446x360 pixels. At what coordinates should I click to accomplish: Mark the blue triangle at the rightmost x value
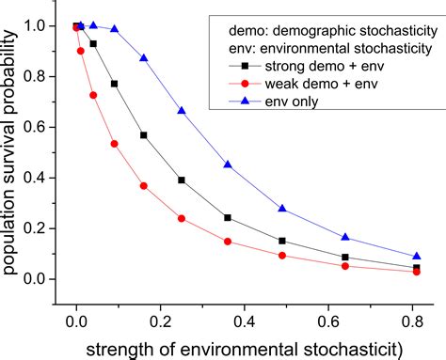(417, 256)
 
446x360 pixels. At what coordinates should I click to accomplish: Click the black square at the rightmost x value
(417, 268)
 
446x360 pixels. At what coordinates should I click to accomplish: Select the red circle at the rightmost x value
(417, 272)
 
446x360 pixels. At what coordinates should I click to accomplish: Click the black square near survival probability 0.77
(115, 84)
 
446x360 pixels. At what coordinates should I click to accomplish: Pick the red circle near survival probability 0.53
(115, 144)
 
